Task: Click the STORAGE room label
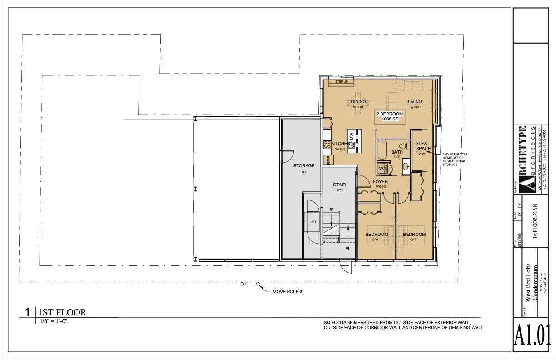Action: click(x=304, y=166)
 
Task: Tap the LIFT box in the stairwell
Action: click(x=313, y=222)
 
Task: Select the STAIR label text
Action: click(x=339, y=185)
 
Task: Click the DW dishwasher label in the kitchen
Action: click(x=351, y=135)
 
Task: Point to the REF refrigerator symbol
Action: click(x=327, y=160)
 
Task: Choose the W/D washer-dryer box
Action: click(x=383, y=169)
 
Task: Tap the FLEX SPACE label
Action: click(x=423, y=146)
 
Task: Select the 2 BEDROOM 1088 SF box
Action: click(x=390, y=116)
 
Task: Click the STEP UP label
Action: click(x=342, y=82)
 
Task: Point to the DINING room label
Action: click(x=358, y=102)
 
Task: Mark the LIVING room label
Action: click(x=415, y=102)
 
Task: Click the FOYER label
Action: click(x=380, y=182)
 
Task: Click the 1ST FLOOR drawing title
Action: click(x=62, y=312)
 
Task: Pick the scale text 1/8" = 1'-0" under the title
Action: click(x=54, y=321)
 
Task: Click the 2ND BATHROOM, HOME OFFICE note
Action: click(x=455, y=159)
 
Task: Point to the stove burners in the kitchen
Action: click(x=328, y=145)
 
